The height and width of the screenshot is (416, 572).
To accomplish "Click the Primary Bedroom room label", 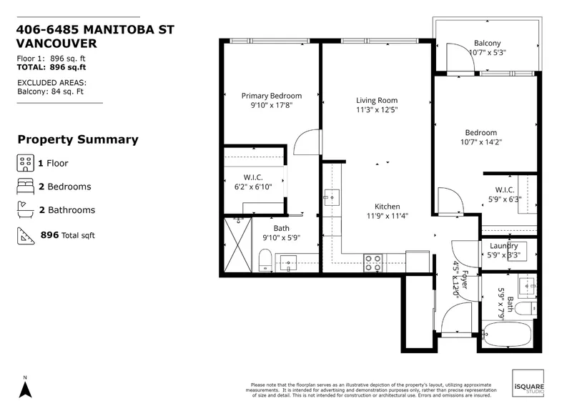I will (x=271, y=96).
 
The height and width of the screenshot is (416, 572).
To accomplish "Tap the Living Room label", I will (x=377, y=100).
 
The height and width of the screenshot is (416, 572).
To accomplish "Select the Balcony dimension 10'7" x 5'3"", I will (x=487, y=53).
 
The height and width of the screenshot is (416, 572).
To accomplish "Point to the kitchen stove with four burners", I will (x=373, y=262).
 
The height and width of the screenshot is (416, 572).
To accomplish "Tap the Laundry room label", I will (x=504, y=246).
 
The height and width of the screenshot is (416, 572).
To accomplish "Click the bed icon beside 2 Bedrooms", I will (x=24, y=187).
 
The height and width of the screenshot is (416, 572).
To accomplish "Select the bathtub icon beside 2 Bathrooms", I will (x=24, y=210).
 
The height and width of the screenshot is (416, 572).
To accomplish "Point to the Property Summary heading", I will (x=77, y=140).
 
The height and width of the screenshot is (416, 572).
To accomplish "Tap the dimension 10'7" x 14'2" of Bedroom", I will (x=480, y=142).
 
